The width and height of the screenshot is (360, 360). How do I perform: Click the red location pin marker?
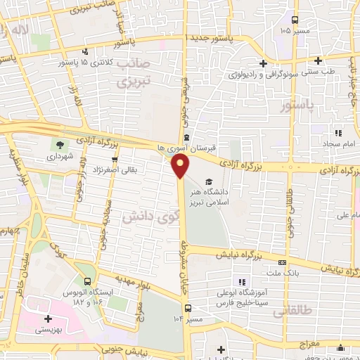tap(181, 166)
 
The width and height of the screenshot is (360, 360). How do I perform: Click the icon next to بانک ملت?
tap(283, 262)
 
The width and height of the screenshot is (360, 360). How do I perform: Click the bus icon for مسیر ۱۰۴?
tap(187, 307)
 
